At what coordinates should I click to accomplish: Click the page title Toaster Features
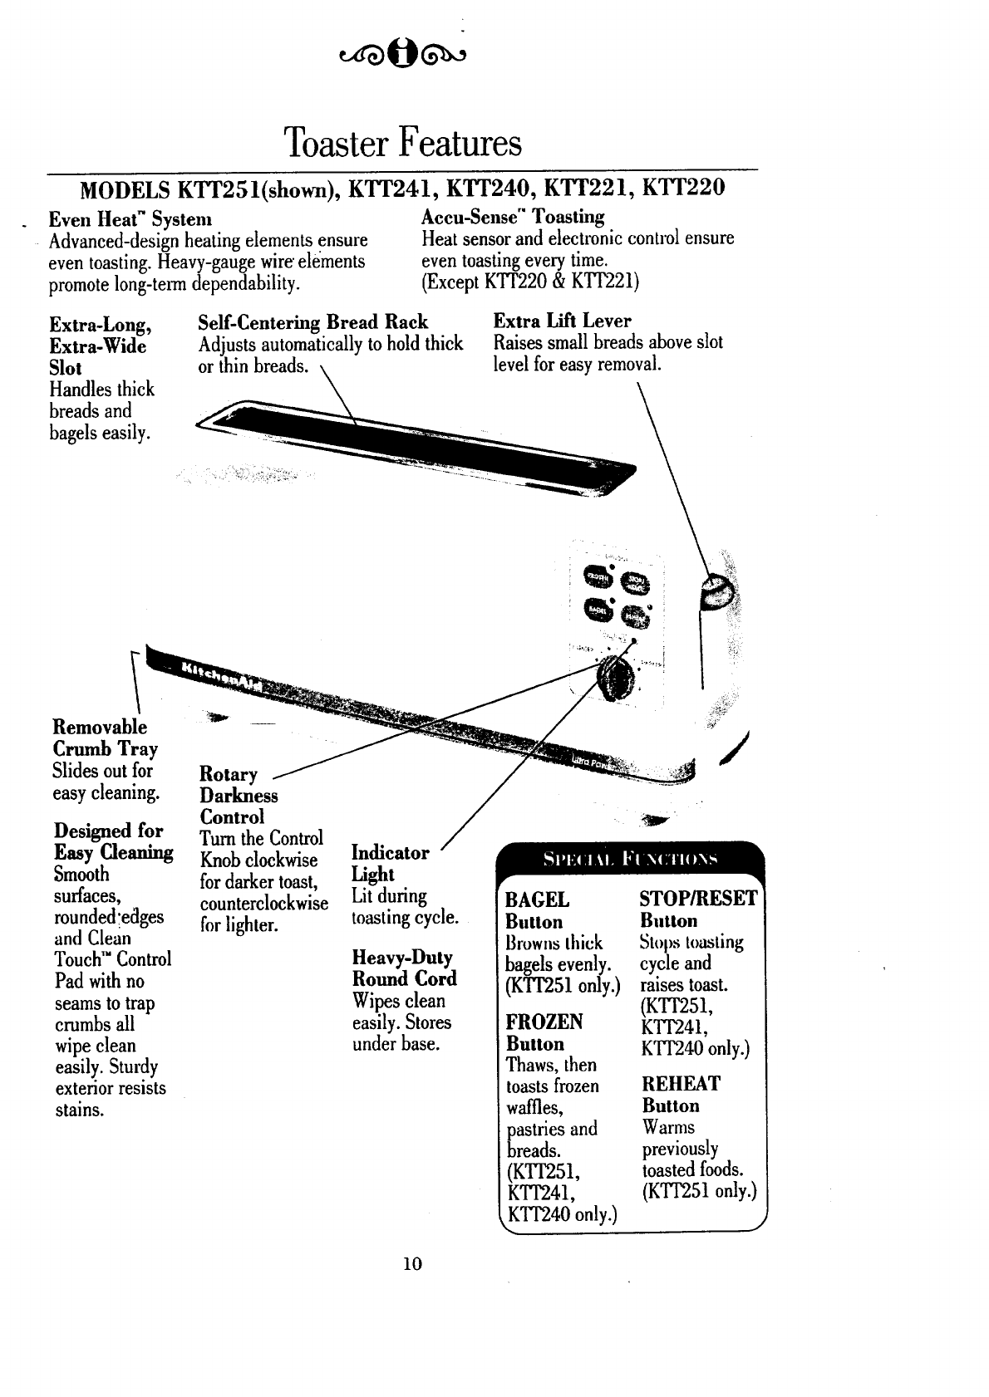pos(402,143)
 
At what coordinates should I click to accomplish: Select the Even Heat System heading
pos(130,219)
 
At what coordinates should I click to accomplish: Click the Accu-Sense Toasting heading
pos(513,217)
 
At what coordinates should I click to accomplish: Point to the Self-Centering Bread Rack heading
pos(312,322)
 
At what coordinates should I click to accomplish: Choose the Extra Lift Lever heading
pos(562,321)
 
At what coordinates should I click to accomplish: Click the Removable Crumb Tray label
pos(105,738)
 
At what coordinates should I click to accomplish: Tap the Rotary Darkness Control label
pos(239,796)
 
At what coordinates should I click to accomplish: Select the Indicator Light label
pos(390,863)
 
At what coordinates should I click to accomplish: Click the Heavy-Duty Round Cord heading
pos(405,968)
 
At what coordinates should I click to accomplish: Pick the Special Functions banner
pos(629,857)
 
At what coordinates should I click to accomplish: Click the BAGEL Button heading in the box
pos(537,910)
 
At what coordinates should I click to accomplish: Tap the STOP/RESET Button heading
pos(698,909)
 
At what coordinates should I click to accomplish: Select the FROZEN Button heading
pos(544,1032)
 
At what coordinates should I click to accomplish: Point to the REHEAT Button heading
pos(681,1095)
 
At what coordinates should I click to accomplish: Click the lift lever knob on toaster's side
pos(716,594)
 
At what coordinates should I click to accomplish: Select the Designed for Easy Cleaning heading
pos(113,841)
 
